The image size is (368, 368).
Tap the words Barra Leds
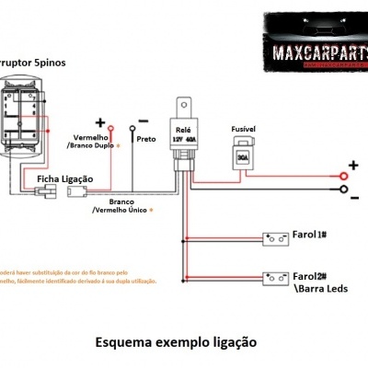pos(322,287)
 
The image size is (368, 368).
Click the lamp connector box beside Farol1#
pos(275,238)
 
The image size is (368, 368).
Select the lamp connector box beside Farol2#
pos(275,277)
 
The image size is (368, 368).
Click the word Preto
pos(145,139)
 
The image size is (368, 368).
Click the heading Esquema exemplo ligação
pos(176,341)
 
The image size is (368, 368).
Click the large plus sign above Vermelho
pos(99,122)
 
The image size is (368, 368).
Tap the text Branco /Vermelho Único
pos(122,205)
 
